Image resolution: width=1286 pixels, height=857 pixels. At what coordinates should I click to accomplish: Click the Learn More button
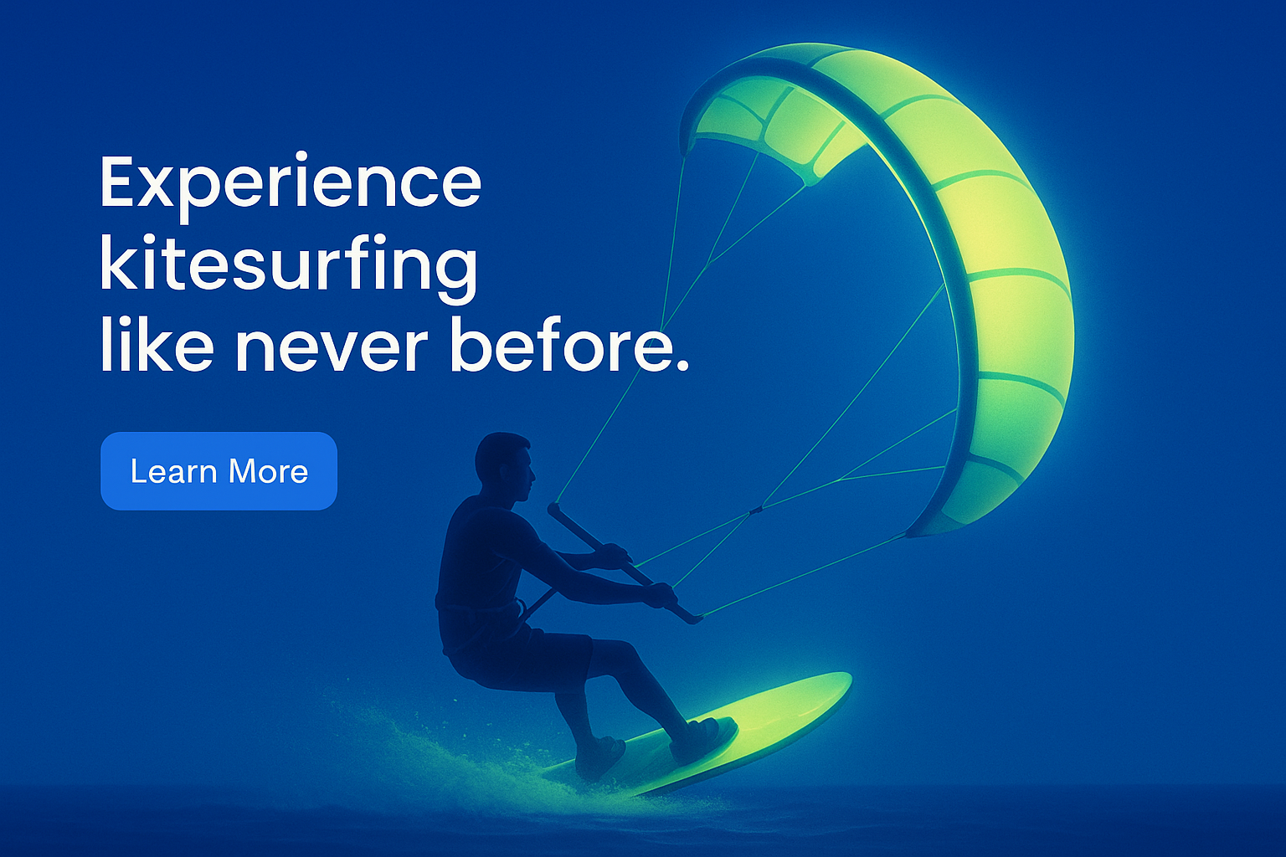pos(219,470)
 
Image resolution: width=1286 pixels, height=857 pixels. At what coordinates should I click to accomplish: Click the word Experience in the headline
pos(291,185)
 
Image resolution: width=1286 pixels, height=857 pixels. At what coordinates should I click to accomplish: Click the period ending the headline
pos(682,366)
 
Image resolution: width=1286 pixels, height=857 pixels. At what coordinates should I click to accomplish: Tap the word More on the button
pos(268,471)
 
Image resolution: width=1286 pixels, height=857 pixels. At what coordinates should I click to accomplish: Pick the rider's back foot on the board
pos(600,757)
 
